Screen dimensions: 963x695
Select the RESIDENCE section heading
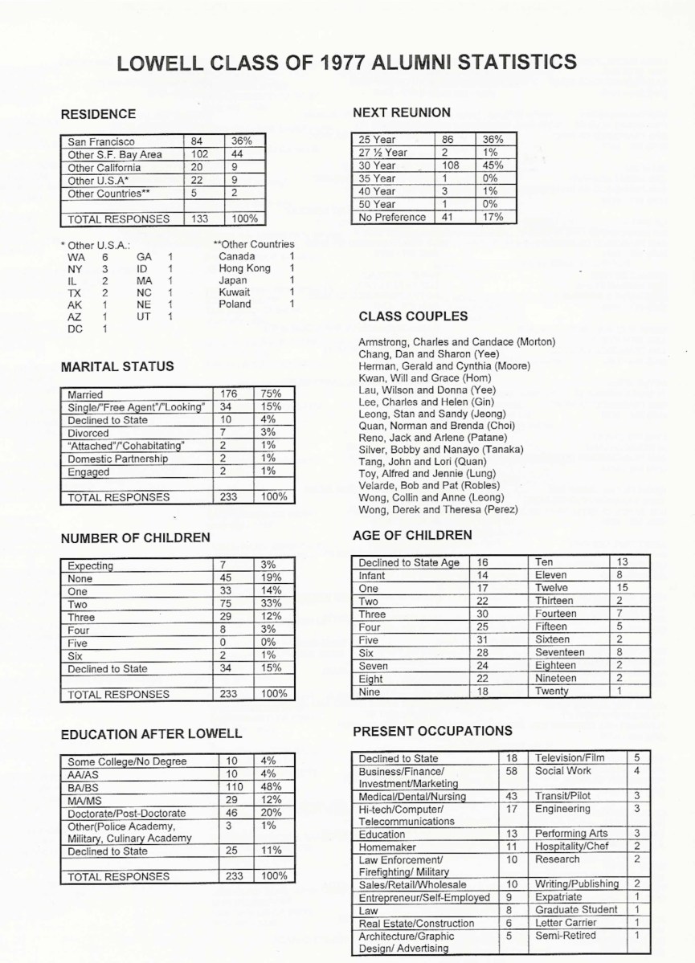(98, 114)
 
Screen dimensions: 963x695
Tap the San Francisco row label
(101, 141)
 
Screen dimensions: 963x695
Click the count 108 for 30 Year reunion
(448, 165)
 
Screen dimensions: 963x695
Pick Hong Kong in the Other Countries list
(244, 268)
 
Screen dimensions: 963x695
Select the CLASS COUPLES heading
(413, 316)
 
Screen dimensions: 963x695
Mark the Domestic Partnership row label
(117, 459)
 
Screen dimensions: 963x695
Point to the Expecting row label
(91, 565)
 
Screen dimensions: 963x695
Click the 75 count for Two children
(226, 604)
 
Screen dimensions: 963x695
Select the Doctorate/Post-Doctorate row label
(127, 814)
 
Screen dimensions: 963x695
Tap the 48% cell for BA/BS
(269, 787)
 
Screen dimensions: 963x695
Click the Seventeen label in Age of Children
(560, 652)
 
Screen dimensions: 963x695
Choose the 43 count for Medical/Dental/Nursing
(513, 796)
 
